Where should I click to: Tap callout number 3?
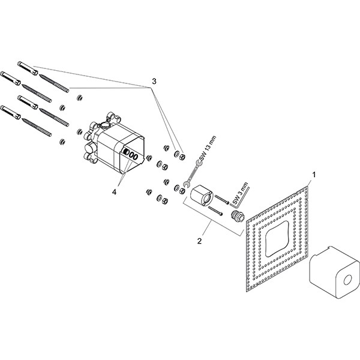154,80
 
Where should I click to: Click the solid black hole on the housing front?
127,153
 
